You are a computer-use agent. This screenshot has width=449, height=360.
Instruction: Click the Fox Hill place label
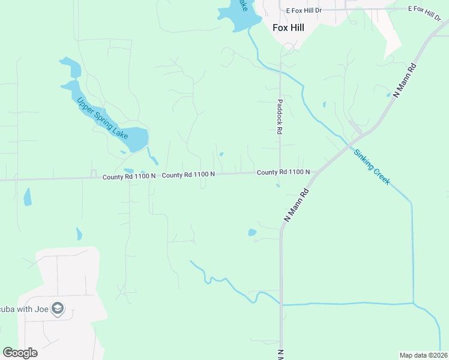click(x=288, y=27)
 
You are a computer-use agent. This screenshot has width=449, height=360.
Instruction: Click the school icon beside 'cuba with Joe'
click(x=58, y=309)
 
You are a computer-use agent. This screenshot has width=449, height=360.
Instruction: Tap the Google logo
click(x=20, y=353)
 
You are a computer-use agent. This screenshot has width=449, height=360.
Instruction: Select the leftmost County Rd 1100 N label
click(x=128, y=176)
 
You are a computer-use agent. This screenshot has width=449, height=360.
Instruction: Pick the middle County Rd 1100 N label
click(x=188, y=175)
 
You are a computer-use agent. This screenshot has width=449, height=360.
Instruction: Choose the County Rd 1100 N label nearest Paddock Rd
click(x=283, y=172)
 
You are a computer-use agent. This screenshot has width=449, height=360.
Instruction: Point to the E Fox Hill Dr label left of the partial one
click(x=304, y=10)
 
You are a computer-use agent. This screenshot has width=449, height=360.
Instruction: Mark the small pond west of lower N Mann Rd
click(x=252, y=232)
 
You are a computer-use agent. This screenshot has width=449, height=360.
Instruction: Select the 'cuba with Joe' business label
click(x=24, y=309)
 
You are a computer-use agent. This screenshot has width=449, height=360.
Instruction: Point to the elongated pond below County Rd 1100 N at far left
click(x=27, y=197)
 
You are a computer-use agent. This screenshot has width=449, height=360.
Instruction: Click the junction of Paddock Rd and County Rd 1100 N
click(x=280, y=173)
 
